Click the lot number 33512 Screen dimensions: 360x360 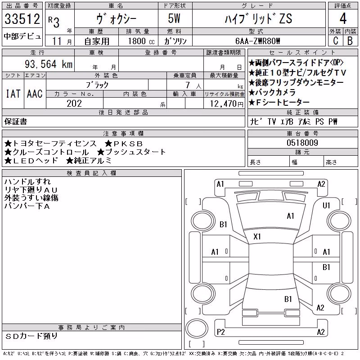[x=22, y=19]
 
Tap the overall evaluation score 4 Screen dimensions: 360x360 [x=343, y=18]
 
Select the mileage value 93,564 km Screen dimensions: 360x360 [x=49, y=64]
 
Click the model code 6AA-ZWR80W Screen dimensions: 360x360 [x=257, y=41]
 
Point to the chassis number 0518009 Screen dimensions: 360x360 [x=302, y=143]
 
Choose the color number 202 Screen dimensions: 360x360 [x=74, y=103]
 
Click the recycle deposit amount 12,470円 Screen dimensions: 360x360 [x=227, y=104]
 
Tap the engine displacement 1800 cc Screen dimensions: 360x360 [x=141, y=41]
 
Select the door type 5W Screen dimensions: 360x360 [x=174, y=18]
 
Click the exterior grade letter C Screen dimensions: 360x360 [x=335, y=40]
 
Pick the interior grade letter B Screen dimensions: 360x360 [x=350, y=40]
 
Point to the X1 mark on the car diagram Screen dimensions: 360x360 [x=257, y=237]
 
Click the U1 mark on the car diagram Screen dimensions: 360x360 [x=326, y=206]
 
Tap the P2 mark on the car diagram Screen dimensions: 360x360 [x=220, y=332]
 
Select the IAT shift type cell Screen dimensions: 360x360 [x=13, y=94]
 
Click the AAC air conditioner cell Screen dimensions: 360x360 [x=35, y=94]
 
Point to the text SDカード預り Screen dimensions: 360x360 [x=31, y=336]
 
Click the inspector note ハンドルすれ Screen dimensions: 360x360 [x=27, y=182]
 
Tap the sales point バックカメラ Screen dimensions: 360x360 [x=272, y=92]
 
